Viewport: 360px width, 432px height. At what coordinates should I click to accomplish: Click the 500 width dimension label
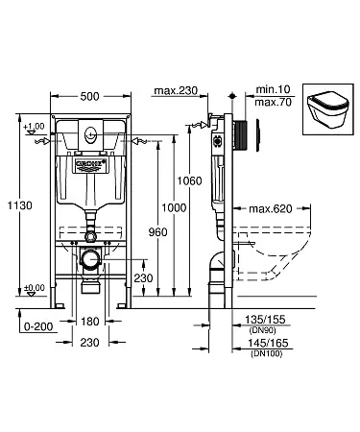(89, 96)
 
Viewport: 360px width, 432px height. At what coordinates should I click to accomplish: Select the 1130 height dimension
(20, 205)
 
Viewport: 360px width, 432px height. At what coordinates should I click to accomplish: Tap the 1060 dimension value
(190, 180)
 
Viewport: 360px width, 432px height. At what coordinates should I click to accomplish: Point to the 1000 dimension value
(174, 207)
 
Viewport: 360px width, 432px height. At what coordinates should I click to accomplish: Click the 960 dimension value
(157, 232)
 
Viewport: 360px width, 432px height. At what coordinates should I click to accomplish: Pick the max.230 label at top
(176, 90)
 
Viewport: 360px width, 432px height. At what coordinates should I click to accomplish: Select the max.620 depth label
(271, 209)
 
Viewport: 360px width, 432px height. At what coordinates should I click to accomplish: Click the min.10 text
(273, 89)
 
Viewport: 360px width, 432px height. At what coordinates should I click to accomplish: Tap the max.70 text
(274, 103)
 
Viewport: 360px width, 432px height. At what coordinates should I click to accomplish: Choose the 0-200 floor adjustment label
(38, 326)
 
